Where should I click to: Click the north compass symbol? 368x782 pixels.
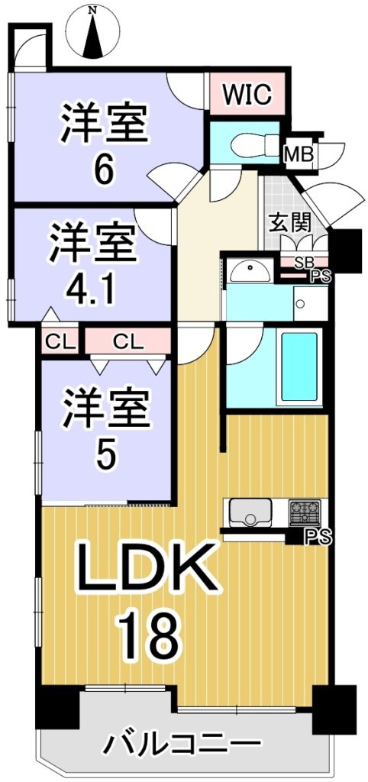coord(93,31)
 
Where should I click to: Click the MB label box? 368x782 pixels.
coord(299,154)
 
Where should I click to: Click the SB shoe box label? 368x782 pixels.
coord(302,263)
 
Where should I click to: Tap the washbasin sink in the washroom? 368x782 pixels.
coord(250,273)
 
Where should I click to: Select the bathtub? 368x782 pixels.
coord(299,367)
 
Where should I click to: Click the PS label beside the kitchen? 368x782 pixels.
coord(315,537)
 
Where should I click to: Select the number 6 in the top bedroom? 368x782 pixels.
coord(105,170)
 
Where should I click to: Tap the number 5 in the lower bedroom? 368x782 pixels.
coord(105,453)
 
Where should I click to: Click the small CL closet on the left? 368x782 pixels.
coord(60,341)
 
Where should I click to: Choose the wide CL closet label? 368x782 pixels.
coord(129,341)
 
